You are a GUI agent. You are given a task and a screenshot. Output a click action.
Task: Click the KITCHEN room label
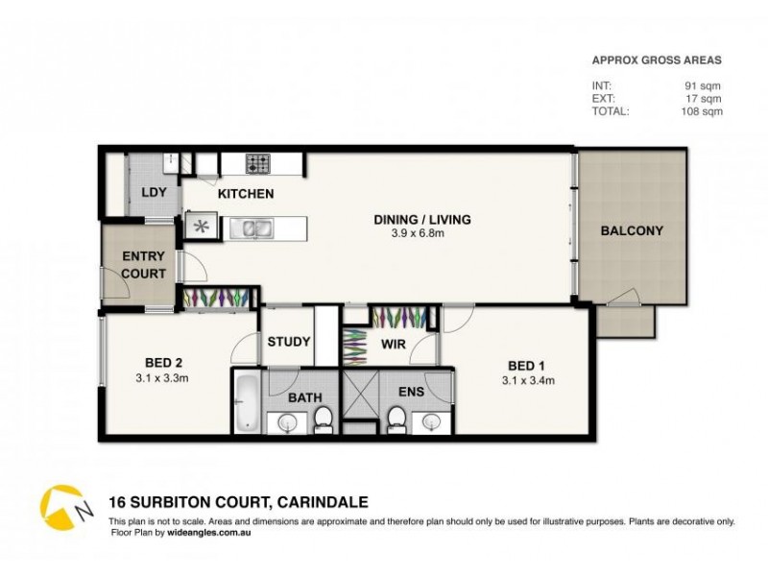[x=246, y=194]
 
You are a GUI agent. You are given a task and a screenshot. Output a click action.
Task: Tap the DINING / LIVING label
[x=422, y=219]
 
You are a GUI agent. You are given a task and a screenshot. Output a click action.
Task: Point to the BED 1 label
[x=527, y=365]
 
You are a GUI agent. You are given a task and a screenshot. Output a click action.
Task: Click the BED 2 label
[x=165, y=362]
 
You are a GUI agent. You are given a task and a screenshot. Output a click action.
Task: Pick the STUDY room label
[x=288, y=341]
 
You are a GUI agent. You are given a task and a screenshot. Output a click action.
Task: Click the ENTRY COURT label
[x=143, y=265]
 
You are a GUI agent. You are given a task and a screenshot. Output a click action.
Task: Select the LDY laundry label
[x=154, y=192]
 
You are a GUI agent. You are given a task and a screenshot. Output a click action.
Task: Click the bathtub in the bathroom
[x=246, y=402]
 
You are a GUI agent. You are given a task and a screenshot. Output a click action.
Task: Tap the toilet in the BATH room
[x=323, y=418]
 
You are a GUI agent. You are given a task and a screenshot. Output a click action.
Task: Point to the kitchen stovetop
[x=259, y=164]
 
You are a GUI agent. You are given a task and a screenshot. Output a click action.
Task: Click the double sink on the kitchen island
[x=252, y=228]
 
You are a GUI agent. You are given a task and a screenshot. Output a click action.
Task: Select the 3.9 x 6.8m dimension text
[x=422, y=233]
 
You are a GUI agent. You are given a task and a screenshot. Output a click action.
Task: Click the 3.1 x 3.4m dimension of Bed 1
[x=528, y=380]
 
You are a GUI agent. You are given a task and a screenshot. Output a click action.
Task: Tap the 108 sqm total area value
[x=702, y=110]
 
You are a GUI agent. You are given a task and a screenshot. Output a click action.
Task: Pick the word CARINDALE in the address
[x=322, y=501]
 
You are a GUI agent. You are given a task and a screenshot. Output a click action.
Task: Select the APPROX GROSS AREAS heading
[x=656, y=60]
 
